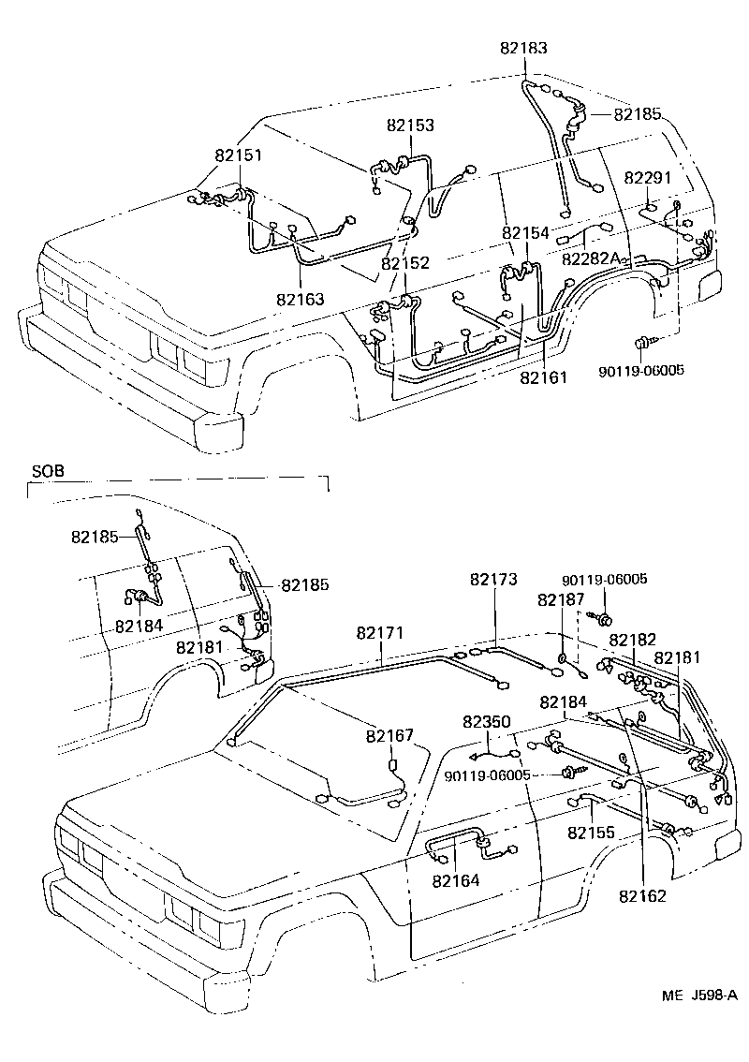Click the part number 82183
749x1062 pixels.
click(524, 48)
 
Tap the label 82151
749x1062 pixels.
click(237, 156)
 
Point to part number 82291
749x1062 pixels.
click(648, 178)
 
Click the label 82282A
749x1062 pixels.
click(593, 258)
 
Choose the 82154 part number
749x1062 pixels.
click(525, 232)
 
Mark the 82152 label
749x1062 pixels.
click(405, 263)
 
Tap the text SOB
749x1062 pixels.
click(48, 471)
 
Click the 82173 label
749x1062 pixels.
click(493, 581)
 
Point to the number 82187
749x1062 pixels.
click(561, 599)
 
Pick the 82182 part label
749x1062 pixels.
click(632, 639)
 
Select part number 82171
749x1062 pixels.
click(380, 633)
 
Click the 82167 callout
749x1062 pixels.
click(389, 736)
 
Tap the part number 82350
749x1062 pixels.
click(487, 721)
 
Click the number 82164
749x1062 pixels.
click(456, 879)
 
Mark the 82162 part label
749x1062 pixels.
click(642, 895)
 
